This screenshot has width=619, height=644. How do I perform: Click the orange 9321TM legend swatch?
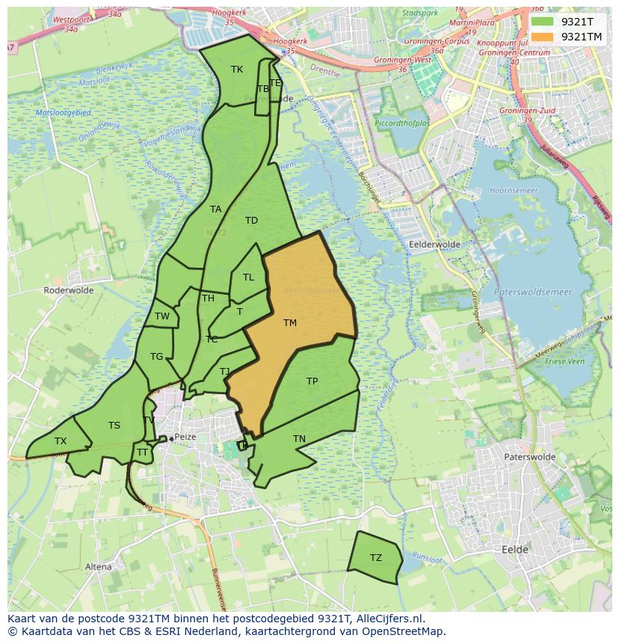[543, 37]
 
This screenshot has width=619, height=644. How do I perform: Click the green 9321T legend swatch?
[543, 22]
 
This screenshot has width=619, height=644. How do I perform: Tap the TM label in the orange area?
[290, 323]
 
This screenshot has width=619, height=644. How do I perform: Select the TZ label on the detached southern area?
[375, 558]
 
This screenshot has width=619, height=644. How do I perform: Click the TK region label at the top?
[237, 70]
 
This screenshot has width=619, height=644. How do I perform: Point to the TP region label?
[312, 381]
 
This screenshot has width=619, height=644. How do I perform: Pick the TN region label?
[299, 439]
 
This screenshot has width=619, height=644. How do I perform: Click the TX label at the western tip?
[61, 441]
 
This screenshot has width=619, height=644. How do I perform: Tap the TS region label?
[114, 426]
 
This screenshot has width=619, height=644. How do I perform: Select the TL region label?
[248, 277]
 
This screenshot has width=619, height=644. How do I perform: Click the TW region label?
[162, 316]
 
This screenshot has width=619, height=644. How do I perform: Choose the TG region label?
[156, 357]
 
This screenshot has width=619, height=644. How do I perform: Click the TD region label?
[251, 221]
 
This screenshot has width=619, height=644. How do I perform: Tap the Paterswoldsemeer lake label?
[532, 292]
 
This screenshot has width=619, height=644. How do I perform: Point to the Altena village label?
[98, 566]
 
